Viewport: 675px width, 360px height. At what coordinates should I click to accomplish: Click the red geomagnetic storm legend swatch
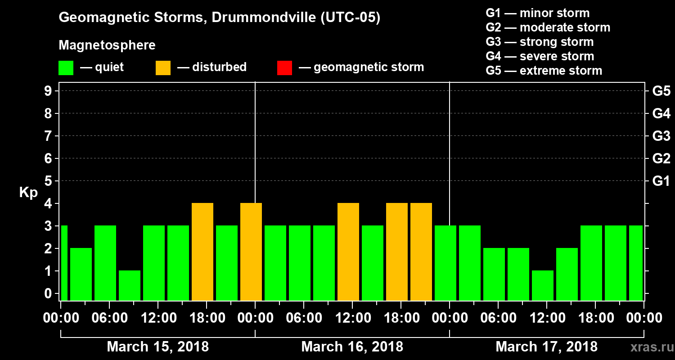coord(284,68)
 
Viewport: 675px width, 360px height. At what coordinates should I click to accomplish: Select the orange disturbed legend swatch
coord(163,68)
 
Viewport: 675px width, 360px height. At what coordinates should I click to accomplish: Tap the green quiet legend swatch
coord(66,68)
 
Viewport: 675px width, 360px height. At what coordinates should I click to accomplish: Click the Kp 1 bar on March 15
coord(130,285)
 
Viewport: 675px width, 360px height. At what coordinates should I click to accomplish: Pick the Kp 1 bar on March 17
coord(543,285)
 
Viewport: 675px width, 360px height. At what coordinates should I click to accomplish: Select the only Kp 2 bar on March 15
coord(81,274)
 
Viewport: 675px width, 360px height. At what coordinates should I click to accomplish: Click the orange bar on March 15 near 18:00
coord(202,252)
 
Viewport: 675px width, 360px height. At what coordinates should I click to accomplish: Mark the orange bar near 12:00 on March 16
coord(348,252)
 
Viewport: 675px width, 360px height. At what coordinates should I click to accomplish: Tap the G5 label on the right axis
coord(661,91)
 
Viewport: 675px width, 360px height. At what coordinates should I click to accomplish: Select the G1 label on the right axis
coord(661,181)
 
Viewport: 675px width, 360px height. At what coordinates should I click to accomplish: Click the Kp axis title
coord(28,193)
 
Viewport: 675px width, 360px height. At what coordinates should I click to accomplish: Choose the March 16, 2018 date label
coord(352,347)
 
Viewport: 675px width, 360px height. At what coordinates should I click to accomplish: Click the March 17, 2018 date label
coord(546,347)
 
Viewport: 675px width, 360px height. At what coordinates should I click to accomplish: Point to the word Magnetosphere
coord(107,45)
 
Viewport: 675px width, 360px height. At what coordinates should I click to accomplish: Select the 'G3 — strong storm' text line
coord(540,42)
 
